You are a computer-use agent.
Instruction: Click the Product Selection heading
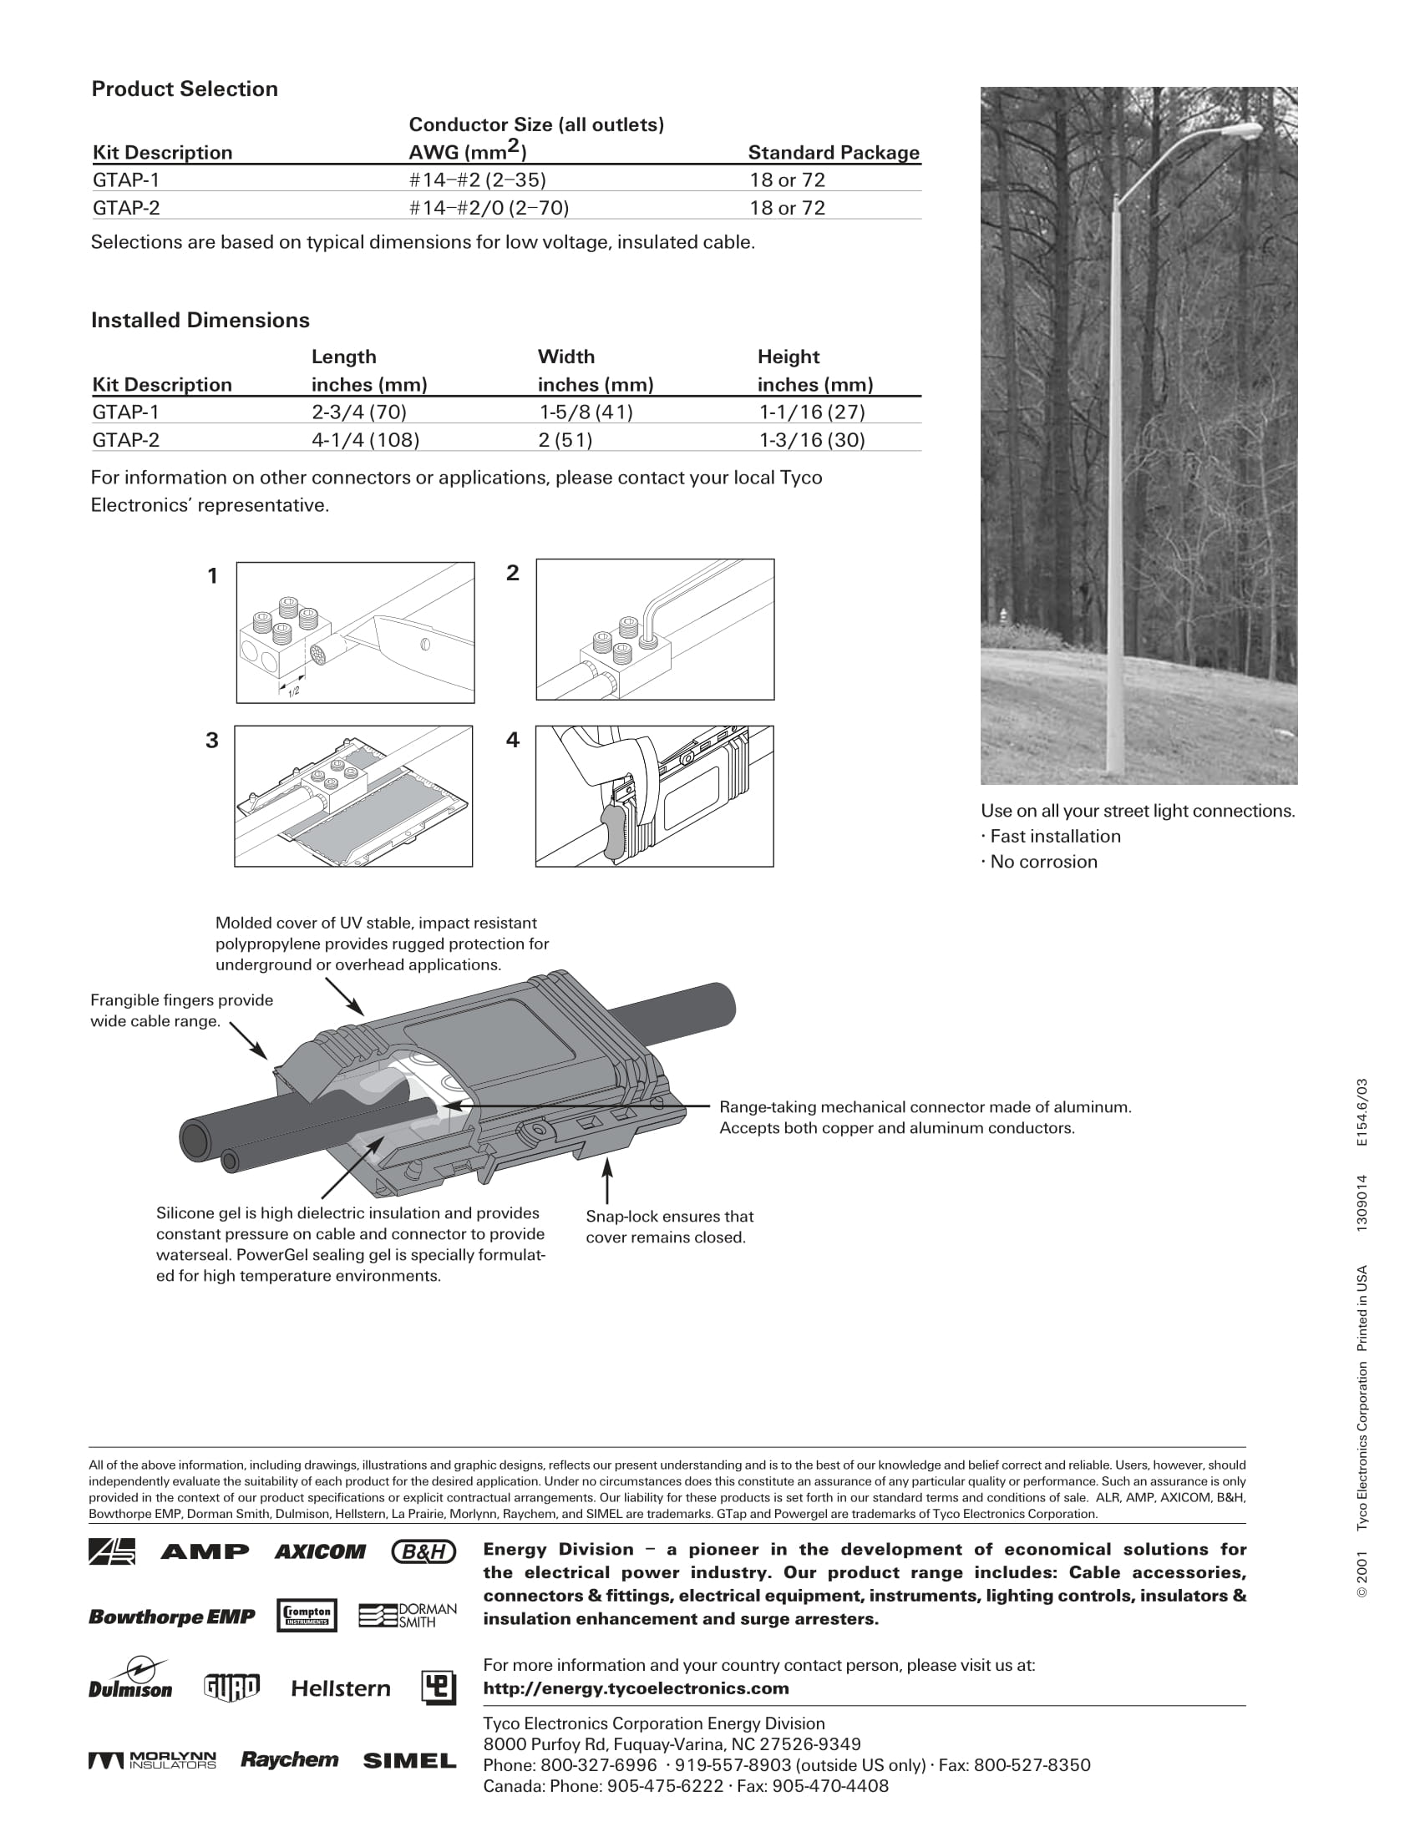pyautogui.click(x=185, y=89)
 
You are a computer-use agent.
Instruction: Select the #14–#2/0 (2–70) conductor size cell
pyautogui.click(x=489, y=208)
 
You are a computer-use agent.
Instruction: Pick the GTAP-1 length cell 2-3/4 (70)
pyautogui.click(x=359, y=412)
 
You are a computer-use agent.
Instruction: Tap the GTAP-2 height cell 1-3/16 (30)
pyautogui.click(x=811, y=440)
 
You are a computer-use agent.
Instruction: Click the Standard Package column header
pyautogui.click(x=834, y=152)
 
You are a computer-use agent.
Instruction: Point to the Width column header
pyautogui.click(x=566, y=357)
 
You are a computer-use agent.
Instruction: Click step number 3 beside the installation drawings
pyautogui.click(x=212, y=740)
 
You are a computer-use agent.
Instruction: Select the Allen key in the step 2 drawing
pyautogui.click(x=657, y=613)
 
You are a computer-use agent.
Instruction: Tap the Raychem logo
pyautogui.click(x=289, y=1759)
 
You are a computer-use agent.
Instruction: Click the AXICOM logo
pyautogui.click(x=320, y=1552)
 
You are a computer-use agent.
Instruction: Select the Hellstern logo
pyautogui.click(x=341, y=1688)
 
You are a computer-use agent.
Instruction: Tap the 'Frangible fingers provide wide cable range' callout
pyautogui.click(x=182, y=1010)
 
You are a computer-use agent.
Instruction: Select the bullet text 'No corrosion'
pyautogui.click(x=1043, y=862)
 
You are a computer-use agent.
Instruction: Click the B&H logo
pyautogui.click(x=424, y=1552)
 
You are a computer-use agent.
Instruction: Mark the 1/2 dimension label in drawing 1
pyautogui.click(x=293, y=691)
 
